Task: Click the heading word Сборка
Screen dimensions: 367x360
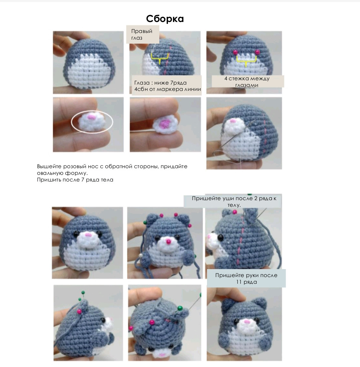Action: click(165, 19)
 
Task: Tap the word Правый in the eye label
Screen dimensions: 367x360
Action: click(142, 31)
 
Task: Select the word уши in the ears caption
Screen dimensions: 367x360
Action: click(228, 198)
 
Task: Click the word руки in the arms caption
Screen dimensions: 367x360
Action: click(247, 275)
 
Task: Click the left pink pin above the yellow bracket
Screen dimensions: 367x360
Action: click(235, 52)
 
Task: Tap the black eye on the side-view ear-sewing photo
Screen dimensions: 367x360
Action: click(220, 237)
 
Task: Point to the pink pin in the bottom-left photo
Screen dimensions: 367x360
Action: click(80, 311)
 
